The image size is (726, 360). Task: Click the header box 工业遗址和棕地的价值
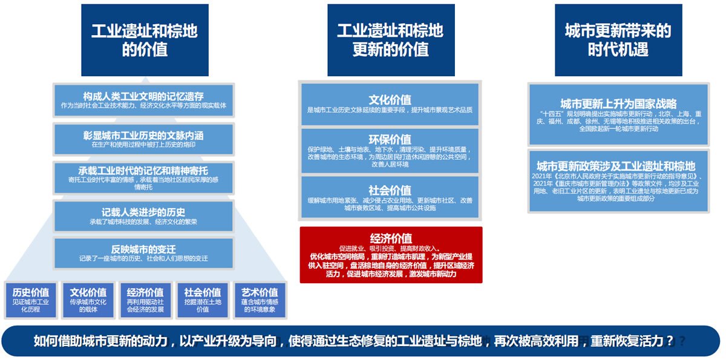145,40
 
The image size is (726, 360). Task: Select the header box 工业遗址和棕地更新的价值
390,40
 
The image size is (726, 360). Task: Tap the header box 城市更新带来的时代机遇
618,40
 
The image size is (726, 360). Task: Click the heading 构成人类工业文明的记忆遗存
143,96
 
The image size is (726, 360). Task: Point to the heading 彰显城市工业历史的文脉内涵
143,134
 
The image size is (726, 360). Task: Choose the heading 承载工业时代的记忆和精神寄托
143,170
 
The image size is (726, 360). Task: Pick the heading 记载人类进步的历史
143,212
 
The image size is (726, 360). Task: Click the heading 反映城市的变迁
143,249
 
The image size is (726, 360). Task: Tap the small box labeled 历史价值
30,299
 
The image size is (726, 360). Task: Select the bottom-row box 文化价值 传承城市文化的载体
88,299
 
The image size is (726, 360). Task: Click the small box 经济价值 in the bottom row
145,299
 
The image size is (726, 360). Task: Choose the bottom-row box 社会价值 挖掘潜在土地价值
202,299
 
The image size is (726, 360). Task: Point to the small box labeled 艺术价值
260,299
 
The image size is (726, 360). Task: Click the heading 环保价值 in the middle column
390,139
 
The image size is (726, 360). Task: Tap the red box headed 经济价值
391,255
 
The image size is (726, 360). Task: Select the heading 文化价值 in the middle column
390,100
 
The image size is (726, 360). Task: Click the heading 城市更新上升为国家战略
618,103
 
